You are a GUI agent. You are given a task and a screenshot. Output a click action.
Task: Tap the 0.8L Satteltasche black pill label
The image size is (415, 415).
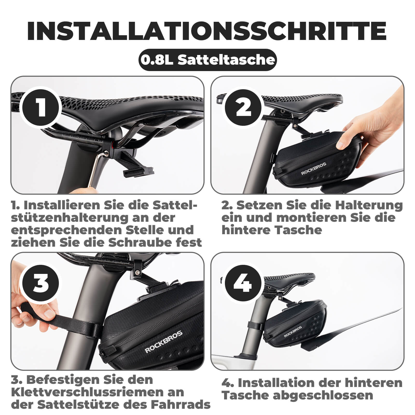(208, 60)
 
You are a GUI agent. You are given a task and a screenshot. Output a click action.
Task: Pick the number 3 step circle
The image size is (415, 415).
(41, 283)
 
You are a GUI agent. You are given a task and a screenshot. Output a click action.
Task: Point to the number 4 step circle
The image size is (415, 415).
(243, 283)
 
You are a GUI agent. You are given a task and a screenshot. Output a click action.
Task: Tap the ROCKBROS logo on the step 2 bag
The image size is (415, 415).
(313, 169)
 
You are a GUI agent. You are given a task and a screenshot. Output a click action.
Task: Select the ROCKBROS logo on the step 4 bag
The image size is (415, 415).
(293, 331)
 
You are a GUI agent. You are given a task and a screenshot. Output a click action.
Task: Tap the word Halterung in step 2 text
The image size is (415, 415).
(369, 205)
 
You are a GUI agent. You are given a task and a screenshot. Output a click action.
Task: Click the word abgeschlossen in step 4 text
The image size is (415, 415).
(323, 395)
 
